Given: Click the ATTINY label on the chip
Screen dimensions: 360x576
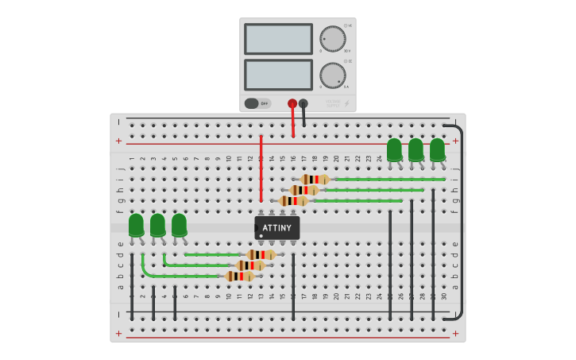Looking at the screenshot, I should point(277,228).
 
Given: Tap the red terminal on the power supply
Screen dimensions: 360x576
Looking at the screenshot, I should point(292,103).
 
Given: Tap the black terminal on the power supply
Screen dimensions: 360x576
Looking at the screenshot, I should point(303,103).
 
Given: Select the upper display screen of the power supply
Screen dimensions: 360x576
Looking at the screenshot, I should point(278,39).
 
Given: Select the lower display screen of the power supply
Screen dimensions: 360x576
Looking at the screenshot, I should point(278,75).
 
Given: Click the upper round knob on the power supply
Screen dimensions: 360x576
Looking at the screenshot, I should point(333,39).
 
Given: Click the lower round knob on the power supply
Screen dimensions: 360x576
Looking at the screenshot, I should point(333,75).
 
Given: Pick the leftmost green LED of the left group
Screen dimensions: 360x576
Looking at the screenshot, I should point(136,225).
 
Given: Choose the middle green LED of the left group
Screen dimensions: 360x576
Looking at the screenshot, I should point(157,225).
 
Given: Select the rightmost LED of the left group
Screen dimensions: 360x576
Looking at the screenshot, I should point(179,225).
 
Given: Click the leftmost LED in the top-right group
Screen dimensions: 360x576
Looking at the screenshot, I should point(394,149).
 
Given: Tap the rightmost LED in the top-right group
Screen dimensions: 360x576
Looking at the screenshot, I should point(437,149).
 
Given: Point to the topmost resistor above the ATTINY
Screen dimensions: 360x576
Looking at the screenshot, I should point(315,180).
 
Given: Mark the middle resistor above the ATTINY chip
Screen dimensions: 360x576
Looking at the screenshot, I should point(304,190).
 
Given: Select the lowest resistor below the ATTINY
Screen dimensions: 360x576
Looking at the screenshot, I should point(240,276).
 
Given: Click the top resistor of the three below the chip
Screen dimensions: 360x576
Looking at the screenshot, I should point(261,254).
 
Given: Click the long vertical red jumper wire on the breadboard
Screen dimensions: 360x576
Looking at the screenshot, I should point(261,168).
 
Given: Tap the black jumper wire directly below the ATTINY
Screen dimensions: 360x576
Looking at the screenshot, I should point(293,286).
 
